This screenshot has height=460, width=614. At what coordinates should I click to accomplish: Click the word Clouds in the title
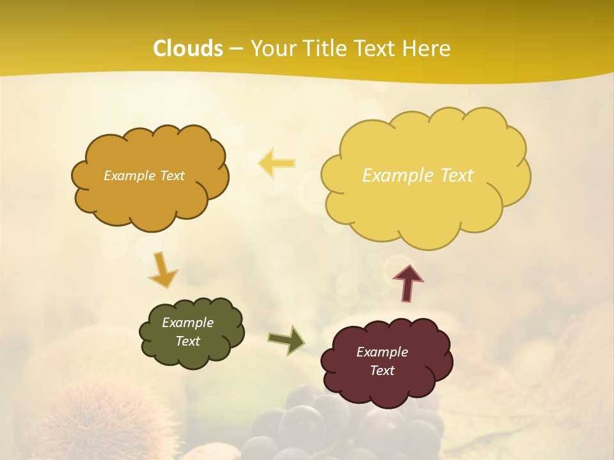point(188,49)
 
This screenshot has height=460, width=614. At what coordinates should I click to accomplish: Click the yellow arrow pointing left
point(276,164)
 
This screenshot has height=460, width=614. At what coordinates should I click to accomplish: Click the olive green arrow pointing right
point(286,340)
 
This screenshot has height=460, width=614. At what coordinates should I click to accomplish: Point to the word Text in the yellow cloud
point(457,175)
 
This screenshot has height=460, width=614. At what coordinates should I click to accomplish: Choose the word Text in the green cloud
point(187,341)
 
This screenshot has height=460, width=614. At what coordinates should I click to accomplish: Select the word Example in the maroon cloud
point(382,351)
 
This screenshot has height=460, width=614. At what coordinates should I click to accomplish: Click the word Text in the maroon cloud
point(382,371)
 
